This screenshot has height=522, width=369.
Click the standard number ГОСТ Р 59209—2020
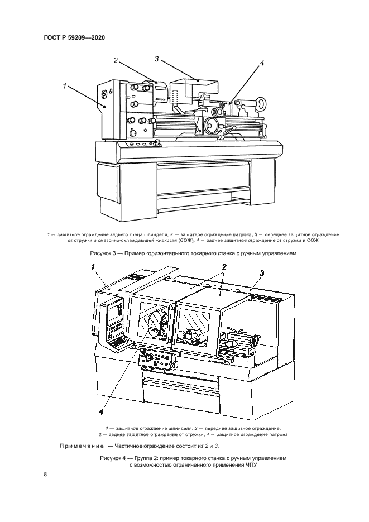[x=74, y=38]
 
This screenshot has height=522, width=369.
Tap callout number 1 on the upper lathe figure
[x=65, y=86]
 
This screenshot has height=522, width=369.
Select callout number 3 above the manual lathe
[x=157, y=58]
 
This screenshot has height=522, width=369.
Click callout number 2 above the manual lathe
[x=116, y=60]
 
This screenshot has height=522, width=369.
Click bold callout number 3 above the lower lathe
[x=261, y=272]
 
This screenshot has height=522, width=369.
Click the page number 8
[x=45, y=475]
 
